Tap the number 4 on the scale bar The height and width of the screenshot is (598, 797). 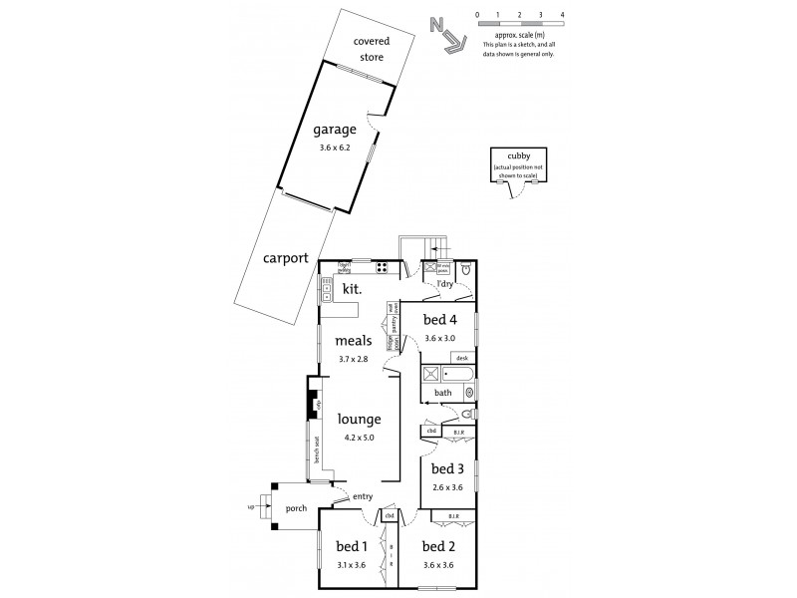(x=563, y=16)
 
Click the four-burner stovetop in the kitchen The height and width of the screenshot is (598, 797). (x=382, y=267)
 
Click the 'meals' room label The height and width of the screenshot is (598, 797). (x=354, y=341)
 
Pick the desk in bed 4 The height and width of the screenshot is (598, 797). (x=460, y=357)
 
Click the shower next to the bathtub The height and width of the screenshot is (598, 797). (x=433, y=376)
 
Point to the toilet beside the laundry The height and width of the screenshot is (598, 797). (x=466, y=269)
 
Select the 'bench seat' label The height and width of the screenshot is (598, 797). (x=317, y=450)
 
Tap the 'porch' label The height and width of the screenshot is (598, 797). (x=296, y=508)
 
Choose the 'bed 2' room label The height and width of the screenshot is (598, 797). (x=438, y=546)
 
